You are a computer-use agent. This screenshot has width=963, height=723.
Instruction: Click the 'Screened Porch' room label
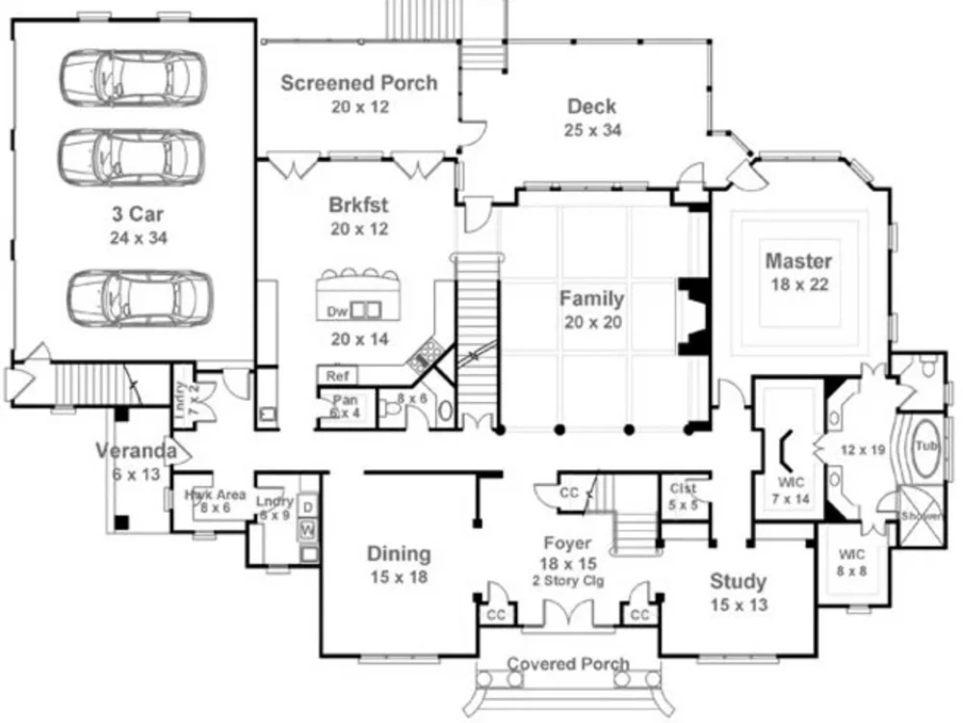tap(358, 83)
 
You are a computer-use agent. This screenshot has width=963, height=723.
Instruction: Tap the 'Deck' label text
tap(591, 106)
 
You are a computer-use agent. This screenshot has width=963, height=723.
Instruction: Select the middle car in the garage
tap(133, 156)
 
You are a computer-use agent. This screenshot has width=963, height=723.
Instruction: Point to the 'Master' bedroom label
tap(798, 261)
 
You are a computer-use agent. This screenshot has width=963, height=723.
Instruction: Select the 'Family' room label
tap(592, 299)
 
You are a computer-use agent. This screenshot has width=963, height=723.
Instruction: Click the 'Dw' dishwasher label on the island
tap(336, 311)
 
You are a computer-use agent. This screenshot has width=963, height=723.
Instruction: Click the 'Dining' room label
tap(399, 554)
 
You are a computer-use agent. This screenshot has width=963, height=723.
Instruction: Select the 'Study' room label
tap(739, 581)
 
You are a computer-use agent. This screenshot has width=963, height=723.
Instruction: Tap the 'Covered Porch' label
tap(568, 664)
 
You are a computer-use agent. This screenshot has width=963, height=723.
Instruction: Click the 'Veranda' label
tap(135, 450)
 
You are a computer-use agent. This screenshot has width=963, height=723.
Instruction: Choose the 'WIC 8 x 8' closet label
tap(851, 563)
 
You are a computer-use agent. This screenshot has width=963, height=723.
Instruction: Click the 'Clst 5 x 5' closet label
tap(683, 495)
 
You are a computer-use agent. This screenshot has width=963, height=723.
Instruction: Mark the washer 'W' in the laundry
tap(308, 528)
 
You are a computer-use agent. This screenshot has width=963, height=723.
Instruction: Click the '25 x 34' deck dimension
tap(592, 130)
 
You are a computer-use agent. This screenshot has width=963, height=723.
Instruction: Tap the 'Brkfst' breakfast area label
tap(358, 205)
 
